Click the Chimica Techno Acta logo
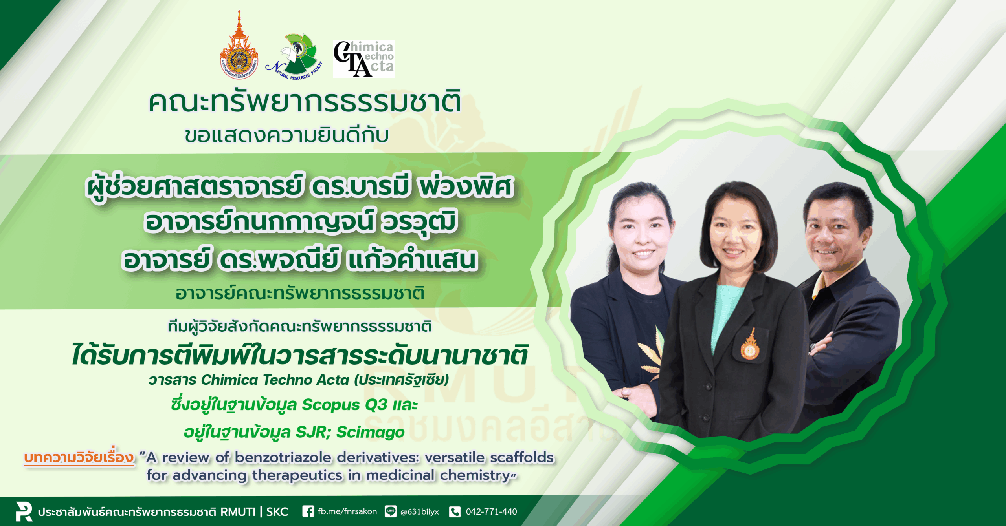coord(363,59)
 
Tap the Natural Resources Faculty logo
coord(294,57)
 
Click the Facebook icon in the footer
coord(308,511)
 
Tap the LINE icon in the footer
coord(391,511)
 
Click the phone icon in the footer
coord(455,511)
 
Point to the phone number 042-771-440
coord(491,511)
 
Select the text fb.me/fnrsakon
coord(347,511)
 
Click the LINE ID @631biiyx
coord(419,512)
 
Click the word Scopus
coord(331,405)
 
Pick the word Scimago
coord(370,432)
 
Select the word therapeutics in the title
coord(297,475)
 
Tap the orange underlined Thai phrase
coord(79,458)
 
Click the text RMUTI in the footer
coord(238,512)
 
